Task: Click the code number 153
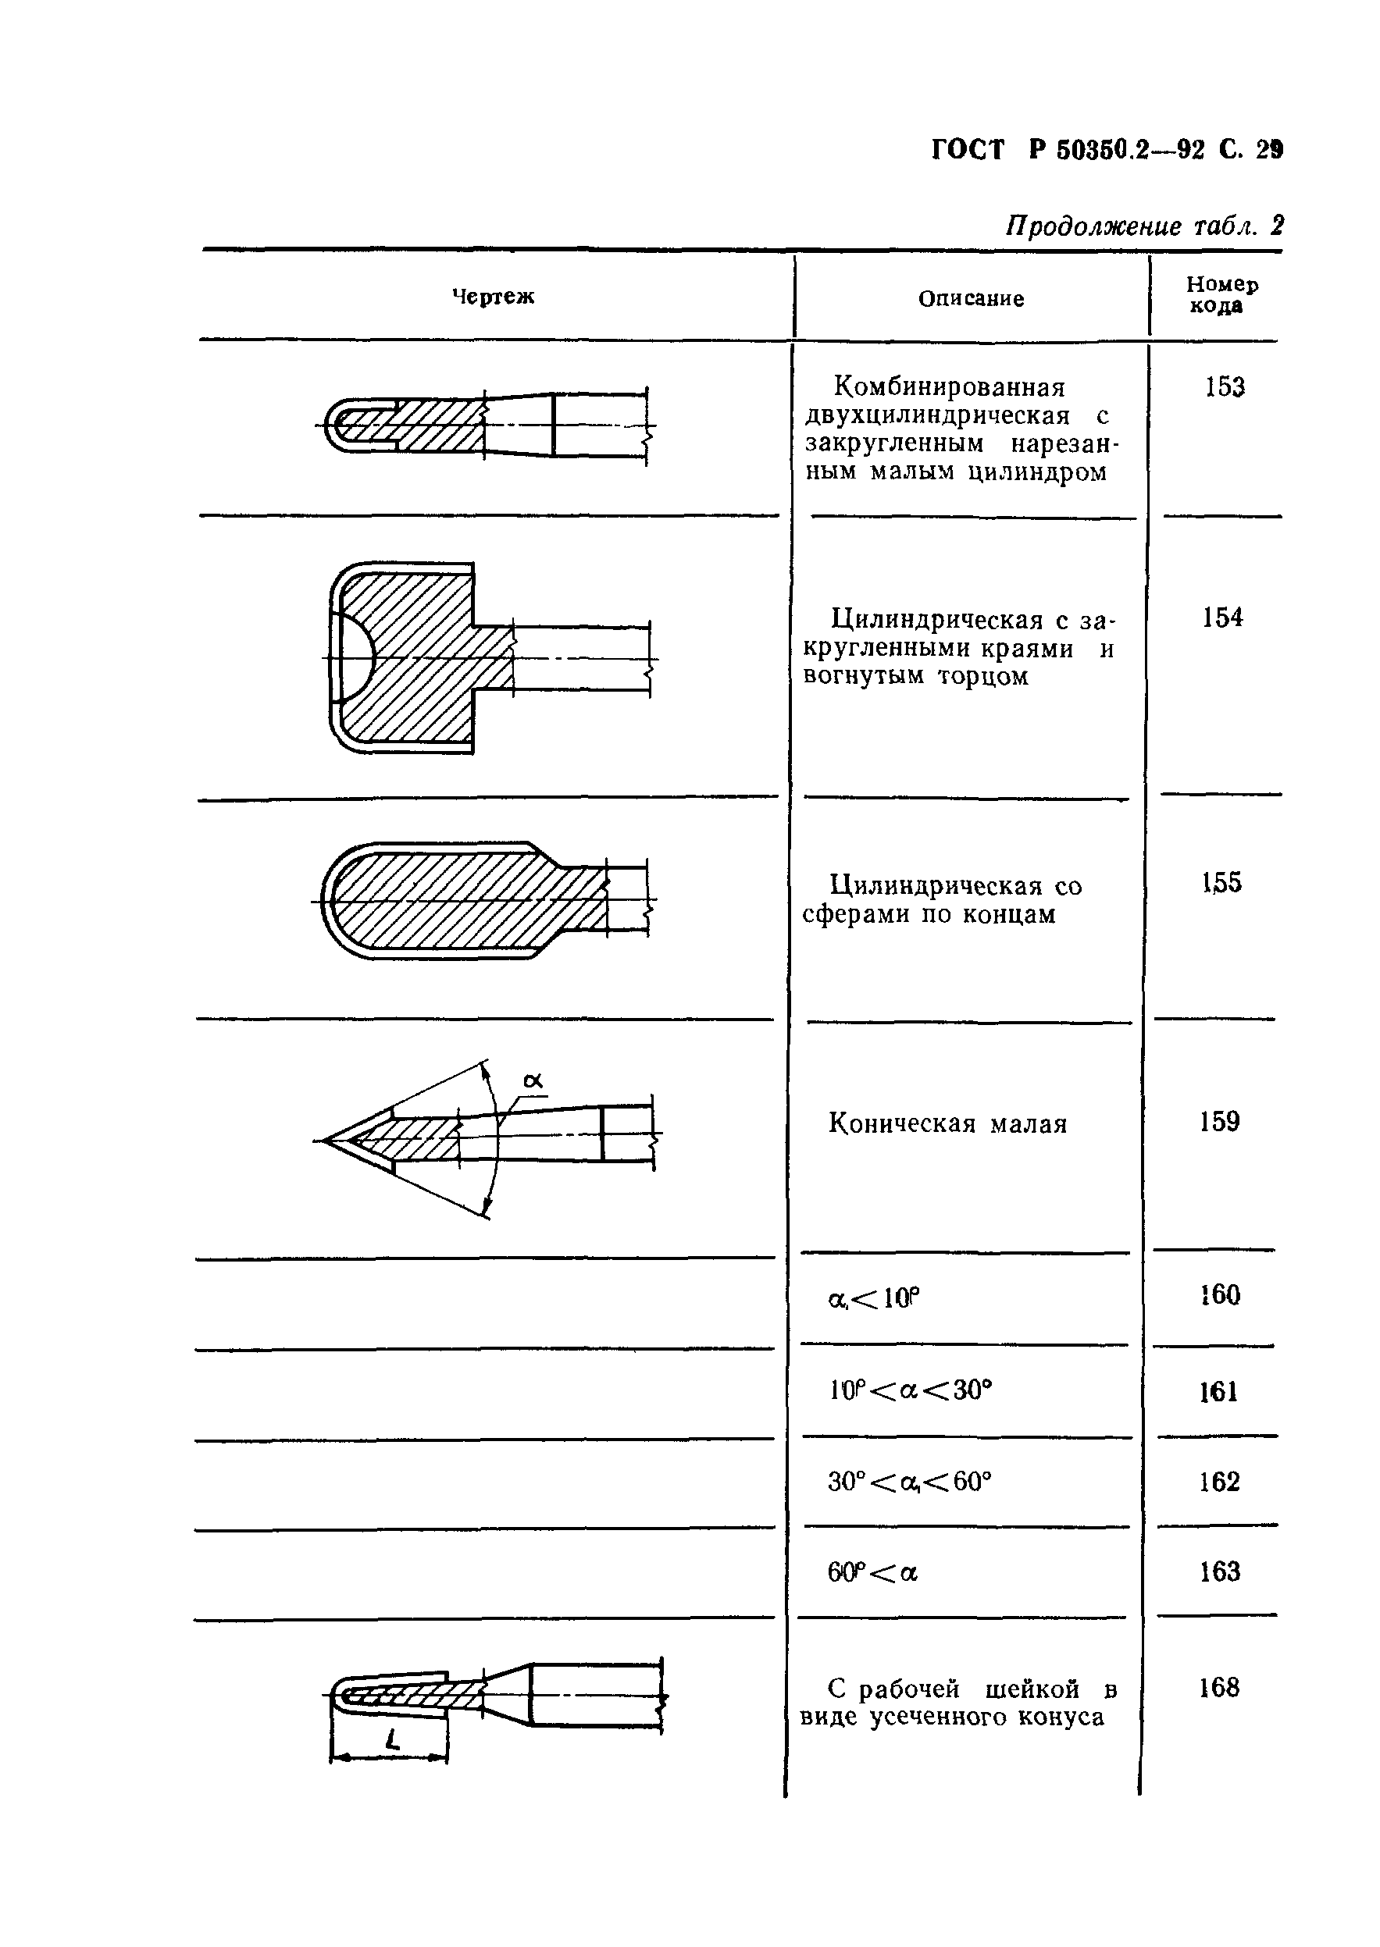click(1225, 387)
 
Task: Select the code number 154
click(1222, 618)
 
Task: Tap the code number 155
click(1222, 883)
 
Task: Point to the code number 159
click(1219, 1122)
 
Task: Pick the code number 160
click(1220, 1294)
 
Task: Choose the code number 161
click(1218, 1391)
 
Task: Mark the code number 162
click(1219, 1482)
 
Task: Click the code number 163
click(1219, 1572)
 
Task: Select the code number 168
click(1218, 1688)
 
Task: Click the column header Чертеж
click(493, 297)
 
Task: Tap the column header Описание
click(972, 298)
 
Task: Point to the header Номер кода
click(1221, 295)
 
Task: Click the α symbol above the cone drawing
click(533, 1081)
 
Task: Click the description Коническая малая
click(947, 1124)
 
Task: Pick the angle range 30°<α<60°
click(909, 1482)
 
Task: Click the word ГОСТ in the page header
click(968, 151)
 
